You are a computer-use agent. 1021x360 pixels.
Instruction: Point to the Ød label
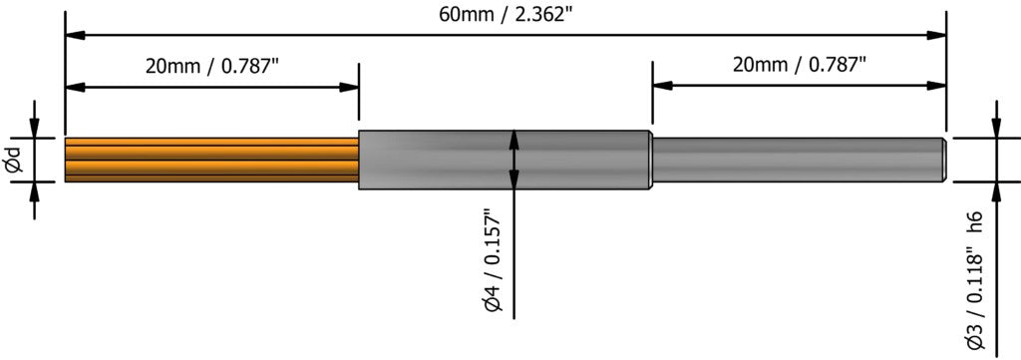(14, 160)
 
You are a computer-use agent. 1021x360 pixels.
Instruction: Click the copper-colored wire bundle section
(210, 160)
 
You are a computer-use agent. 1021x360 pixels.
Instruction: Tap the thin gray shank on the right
(798, 160)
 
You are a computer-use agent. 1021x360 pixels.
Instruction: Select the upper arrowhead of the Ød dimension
(35, 128)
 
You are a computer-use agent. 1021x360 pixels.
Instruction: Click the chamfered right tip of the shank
(942, 160)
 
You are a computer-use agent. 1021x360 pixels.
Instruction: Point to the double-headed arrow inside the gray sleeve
(513, 160)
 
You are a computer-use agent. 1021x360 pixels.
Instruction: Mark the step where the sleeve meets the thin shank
(651, 160)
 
